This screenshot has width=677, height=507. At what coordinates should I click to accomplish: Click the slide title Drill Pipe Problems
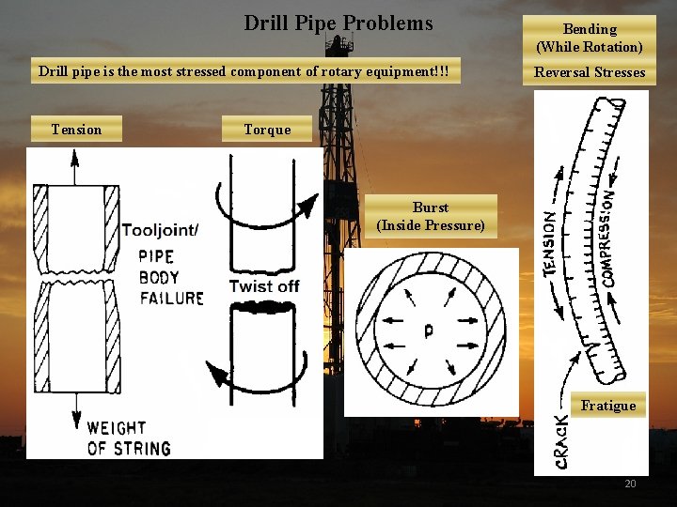338,23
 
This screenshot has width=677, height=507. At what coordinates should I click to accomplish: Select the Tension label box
76,130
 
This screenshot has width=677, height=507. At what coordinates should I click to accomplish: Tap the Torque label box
267,130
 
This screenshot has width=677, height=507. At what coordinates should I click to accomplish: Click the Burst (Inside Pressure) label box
431,216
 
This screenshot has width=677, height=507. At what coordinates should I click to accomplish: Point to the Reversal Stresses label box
590,72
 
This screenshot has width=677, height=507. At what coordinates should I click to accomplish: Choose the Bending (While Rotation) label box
590,38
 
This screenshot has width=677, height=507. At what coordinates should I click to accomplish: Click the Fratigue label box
608,406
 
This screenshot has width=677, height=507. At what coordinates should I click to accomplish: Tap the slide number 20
630,484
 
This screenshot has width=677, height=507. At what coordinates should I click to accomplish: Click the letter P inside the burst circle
428,330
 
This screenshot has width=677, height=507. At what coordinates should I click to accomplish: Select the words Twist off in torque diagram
264,285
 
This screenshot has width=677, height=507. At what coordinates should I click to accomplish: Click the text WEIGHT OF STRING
129,438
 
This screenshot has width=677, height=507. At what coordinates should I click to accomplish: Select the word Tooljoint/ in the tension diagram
160,230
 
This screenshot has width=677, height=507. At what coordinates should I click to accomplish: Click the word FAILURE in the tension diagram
171,299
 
